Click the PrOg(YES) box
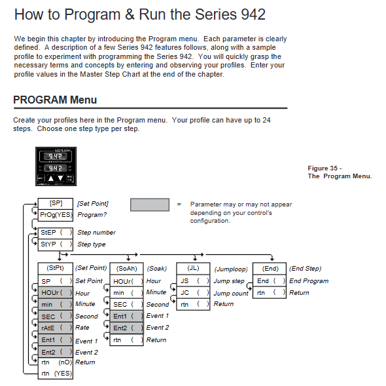(x=56, y=215)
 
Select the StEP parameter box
(x=56, y=233)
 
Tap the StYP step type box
(x=56, y=244)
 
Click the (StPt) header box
(x=56, y=268)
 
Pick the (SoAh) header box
(x=126, y=268)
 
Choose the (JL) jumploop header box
(x=193, y=268)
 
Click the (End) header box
(x=270, y=268)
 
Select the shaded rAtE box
(x=56, y=328)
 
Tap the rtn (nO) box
(x=56, y=362)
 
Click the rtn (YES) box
(x=56, y=374)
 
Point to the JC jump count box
(x=193, y=293)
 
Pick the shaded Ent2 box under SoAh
(x=126, y=328)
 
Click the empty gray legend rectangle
(x=150, y=204)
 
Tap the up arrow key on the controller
(x=51, y=178)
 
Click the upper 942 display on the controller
(x=56, y=156)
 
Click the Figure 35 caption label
(x=325, y=168)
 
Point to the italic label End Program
(x=309, y=281)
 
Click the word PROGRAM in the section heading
(x=40, y=100)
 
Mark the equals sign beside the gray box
(x=179, y=204)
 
